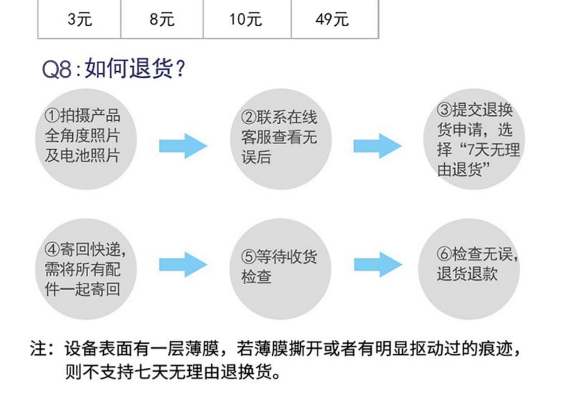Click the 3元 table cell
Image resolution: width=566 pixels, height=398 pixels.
(x=79, y=19)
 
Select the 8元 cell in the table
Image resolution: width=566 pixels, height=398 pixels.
(x=162, y=19)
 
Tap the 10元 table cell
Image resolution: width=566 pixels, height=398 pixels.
(x=247, y=19)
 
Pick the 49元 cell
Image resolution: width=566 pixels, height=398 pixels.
(x=335, y=19)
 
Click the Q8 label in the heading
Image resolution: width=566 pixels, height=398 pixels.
(x=57, y=69)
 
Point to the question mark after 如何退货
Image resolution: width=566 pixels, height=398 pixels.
(x=180, y=68)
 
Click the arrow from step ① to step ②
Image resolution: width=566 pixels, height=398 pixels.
(x=183, y=146)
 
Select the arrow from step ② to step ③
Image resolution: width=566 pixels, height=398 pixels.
(x=377, y=146)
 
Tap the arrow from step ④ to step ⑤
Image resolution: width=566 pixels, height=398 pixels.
(x=183, y=264)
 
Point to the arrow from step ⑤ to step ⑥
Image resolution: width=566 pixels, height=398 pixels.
(x=378, y=264)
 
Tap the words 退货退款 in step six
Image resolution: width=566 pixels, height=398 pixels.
(x=468, y=274)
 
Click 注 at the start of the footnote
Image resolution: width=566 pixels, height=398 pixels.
(x=38, y=349)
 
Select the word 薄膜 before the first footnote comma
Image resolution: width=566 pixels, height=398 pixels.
(x=201, y=349)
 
